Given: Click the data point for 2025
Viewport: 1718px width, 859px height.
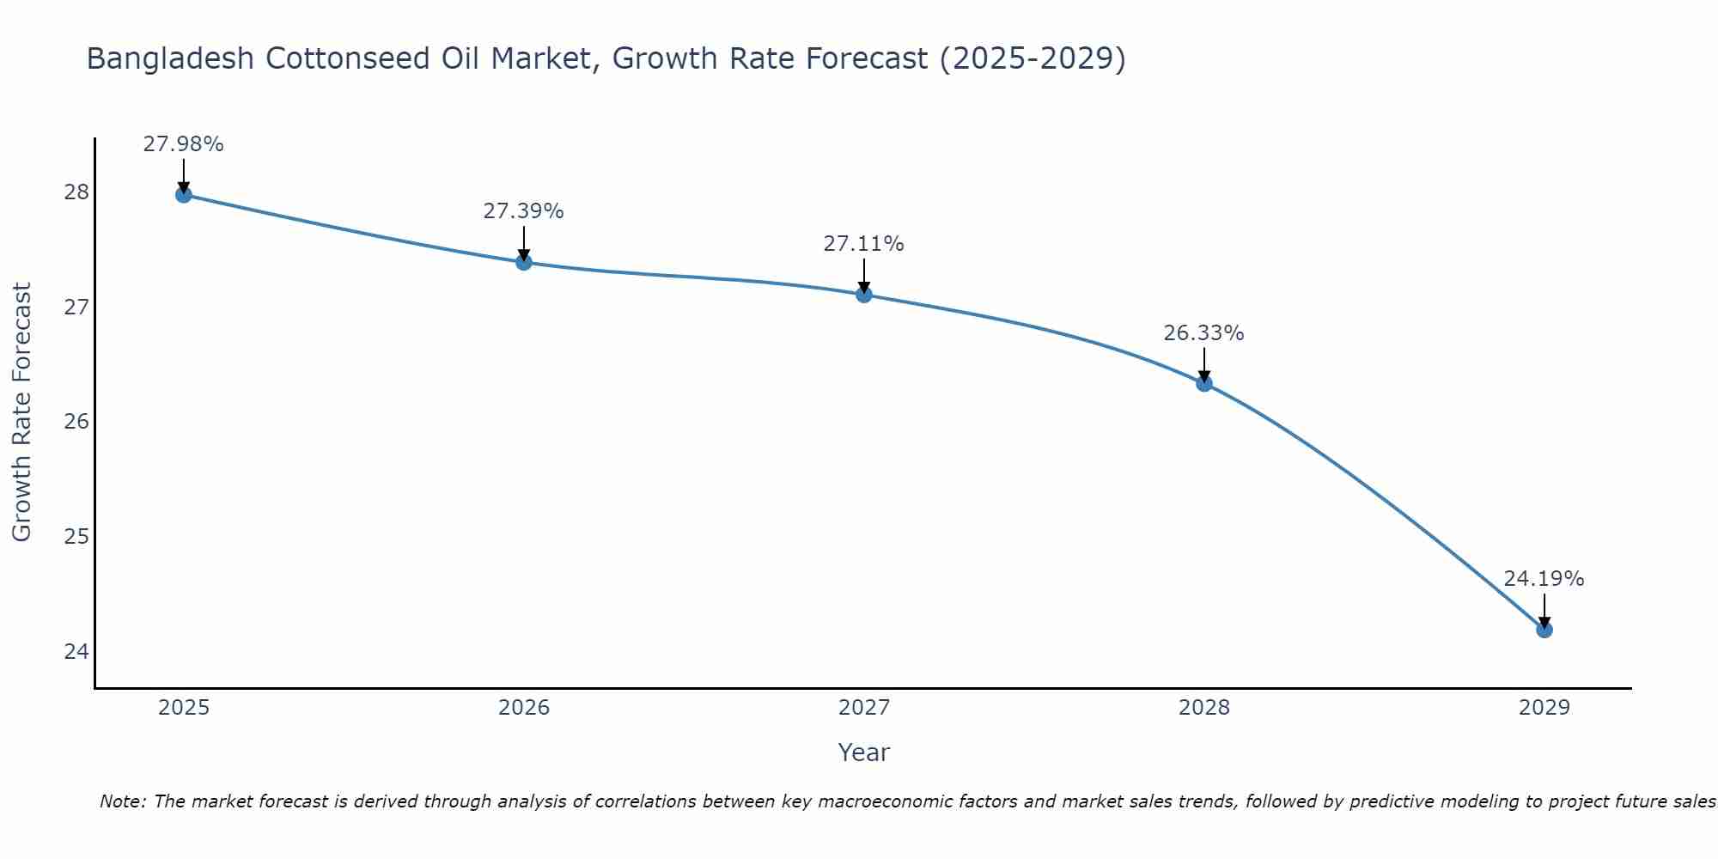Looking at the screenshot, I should coord(184,195).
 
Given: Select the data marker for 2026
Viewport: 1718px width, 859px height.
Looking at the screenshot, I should coord(524,262).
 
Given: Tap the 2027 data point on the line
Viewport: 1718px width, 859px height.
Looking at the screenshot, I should coord(864,295).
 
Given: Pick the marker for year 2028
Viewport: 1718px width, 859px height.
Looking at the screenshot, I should coord(1204,384).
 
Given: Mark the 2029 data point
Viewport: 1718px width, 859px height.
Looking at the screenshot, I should coord(1544,630).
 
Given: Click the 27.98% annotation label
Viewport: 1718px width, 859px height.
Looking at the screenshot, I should coord(183,144).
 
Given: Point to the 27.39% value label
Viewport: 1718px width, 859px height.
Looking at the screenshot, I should coord(523,211).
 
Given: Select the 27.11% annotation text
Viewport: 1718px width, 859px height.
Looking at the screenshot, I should coord(863,244).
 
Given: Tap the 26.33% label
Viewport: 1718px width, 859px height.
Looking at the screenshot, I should coord(1203,333).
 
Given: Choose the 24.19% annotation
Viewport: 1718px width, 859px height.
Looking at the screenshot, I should coord(1544,579).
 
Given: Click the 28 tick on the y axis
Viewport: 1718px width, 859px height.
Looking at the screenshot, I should coord(76,192).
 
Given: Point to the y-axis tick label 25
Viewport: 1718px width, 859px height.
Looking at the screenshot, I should coord(76,537).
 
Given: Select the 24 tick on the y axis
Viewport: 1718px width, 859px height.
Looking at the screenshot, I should coord(76,651).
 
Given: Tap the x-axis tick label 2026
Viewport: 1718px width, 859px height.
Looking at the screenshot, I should coord(524,708).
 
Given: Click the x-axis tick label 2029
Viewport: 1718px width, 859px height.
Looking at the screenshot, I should coord(1544,708).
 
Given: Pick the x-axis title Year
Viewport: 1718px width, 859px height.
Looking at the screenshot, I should coord(863,752).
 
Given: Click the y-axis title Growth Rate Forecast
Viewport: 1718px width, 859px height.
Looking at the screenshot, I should coord(21,412).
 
